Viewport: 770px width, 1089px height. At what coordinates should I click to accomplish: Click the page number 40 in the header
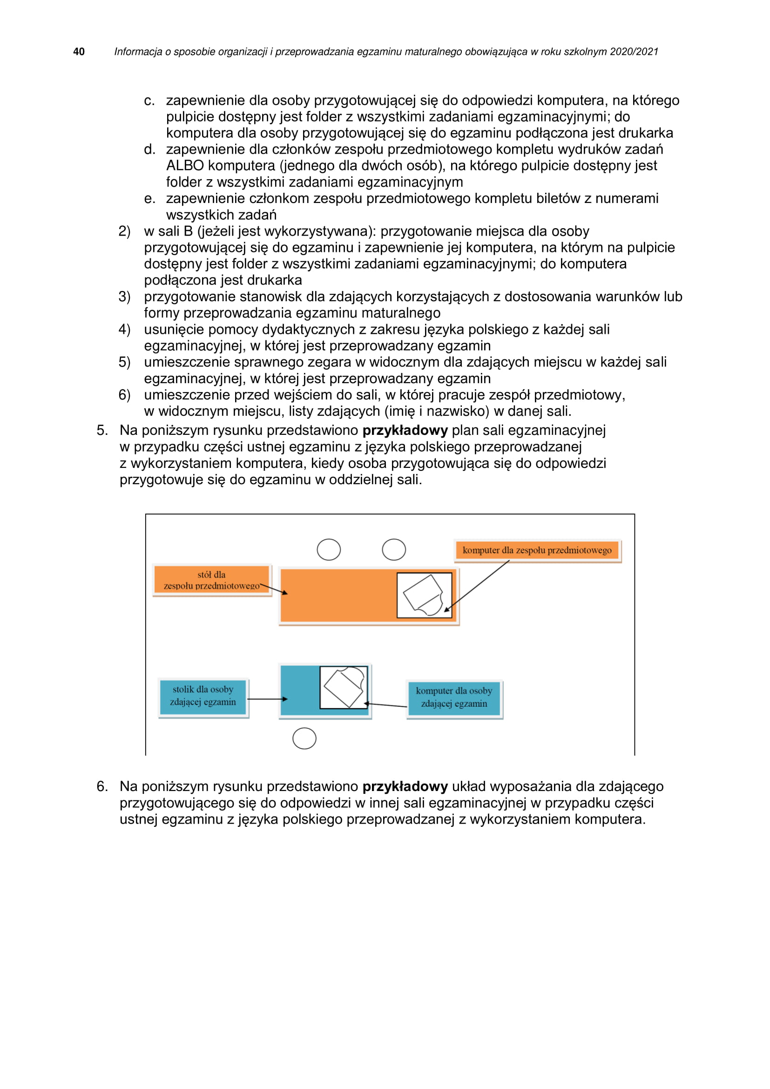pyautogui.click(x=79, y=52)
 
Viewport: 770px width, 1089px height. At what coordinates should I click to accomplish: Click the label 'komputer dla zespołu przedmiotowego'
pyautogui.click(x=537, y=550)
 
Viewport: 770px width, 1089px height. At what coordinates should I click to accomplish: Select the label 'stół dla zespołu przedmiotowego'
pyautogui.click(x=211, y=580)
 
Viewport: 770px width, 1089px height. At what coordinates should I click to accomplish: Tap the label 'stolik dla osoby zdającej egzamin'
pyautogui.click(x=203, y=695)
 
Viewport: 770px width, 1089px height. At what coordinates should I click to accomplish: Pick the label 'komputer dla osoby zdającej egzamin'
pyautogui.click(x=454, y=697)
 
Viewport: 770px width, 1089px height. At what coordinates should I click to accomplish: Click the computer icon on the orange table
pyautogui.click(x=424, y=595)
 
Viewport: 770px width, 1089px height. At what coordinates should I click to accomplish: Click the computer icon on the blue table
pyautogui.click(x=344, y=687)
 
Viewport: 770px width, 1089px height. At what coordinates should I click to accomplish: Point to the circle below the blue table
pyautogui.click(x=304, y=738)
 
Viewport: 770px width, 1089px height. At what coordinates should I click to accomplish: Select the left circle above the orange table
pyautogui.click(x=329, y=550)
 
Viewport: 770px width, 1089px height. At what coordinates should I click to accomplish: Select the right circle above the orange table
pyautogui.click(x=393, y=550)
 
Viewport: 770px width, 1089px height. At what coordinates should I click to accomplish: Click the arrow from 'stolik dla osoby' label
pyautogui.click(x=267, y=699)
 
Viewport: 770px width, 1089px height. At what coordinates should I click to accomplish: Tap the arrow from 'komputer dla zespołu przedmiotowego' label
pyautogui.click(x=477, y=586)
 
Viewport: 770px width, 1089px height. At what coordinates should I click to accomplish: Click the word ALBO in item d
pyautogui.click(x=185, y=166)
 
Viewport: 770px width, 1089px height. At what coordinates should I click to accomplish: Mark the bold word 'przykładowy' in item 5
pyautogui.click(x=405, y=430)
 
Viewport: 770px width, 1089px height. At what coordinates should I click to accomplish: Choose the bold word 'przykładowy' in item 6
pyautogui.click(x=405, y=786)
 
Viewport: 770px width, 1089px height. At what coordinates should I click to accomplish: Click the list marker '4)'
pyautogui.click(x=124, y=329)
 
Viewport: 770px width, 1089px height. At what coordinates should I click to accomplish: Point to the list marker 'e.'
pyautogui.click(x=149, y=198)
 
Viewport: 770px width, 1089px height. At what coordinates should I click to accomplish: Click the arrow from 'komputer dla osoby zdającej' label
pyautogui.click(x=385, y=705)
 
